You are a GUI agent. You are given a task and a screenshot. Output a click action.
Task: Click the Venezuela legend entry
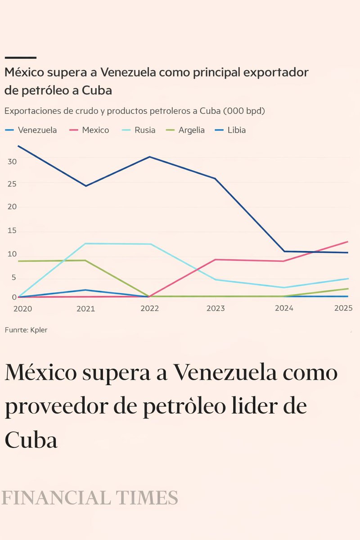click(31, 130)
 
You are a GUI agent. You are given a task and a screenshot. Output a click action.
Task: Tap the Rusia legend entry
click(139, 130)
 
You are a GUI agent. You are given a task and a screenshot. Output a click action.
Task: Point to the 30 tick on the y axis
click(12, 162)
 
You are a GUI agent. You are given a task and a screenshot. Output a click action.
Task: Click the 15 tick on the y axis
click(12, 231)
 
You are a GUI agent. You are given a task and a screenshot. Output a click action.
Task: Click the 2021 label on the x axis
click(85, 308)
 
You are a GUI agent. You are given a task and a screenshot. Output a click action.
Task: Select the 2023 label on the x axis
click(215, 308)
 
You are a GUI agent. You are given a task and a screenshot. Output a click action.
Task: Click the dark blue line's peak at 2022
click(149, 157)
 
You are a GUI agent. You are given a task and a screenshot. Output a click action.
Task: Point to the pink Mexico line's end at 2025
click(348, 242)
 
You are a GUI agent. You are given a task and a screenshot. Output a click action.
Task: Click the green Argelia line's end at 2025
click(348, 288)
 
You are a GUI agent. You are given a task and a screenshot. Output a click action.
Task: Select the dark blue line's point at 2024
click(284, 251)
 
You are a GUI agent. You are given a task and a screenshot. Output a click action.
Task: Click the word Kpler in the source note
click(39, 330)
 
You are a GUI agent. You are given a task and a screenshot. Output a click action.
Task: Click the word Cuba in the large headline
click(31, 440)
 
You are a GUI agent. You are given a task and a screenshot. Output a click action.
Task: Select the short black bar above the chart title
click(20, 58)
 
